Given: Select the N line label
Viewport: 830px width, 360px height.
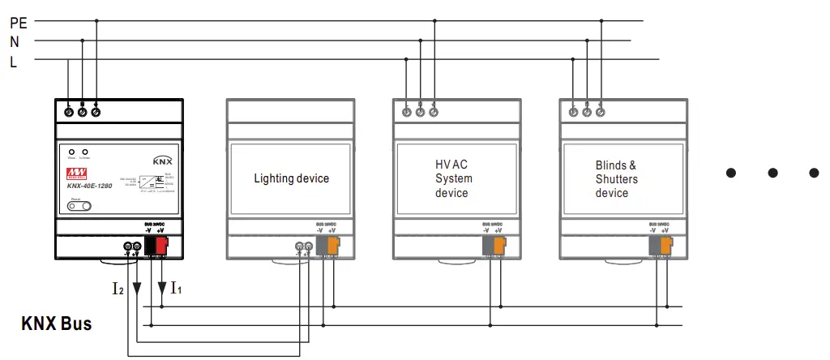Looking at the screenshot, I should click(x=15, y=41).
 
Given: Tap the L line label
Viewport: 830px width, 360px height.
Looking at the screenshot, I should click(x=13, y=61).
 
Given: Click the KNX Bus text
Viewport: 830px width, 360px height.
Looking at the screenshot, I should click(x=56, y=324).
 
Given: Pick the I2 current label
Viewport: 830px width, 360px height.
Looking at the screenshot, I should click(x=118, y=286).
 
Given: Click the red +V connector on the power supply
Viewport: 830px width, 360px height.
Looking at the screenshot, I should click(x=161, y=245).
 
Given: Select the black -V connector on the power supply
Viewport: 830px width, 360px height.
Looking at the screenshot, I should click(x=150, y=245).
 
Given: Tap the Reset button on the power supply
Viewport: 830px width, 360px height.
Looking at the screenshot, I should click(x=79, y=207).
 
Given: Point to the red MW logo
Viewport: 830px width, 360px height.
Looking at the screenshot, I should click(x=78, y=174).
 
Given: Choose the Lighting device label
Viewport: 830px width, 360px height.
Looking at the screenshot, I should click(x=291, y=178).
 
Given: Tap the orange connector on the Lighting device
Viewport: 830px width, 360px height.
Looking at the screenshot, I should click(x=333, y=246).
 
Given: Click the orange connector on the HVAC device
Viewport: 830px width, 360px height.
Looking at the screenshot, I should click(x=498, y=246).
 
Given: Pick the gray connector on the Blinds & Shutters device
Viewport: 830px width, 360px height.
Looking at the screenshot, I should click(x=654, y=246).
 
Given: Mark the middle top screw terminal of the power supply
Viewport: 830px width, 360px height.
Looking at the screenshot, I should click(x=82, y=111).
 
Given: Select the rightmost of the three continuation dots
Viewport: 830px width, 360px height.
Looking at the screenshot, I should click(x=814, y=172).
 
